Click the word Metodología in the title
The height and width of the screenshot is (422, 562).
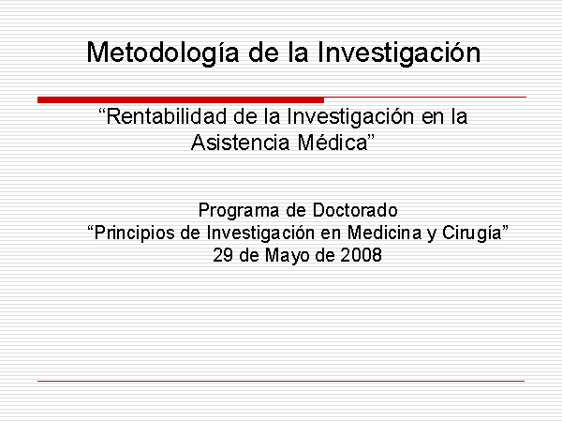[163, 53]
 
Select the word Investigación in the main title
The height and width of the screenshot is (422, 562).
[399, 53]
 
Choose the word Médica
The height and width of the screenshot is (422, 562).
[333, 143]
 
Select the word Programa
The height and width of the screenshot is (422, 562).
[239, 211]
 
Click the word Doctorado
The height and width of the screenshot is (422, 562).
[355, 210]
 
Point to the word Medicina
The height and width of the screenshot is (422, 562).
[384, 233]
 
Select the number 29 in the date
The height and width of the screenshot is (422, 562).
[222, 255]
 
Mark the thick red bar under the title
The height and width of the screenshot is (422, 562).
[181, 99]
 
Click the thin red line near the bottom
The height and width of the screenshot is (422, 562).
[281, 381]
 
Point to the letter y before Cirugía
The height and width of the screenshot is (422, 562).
[432, 235]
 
